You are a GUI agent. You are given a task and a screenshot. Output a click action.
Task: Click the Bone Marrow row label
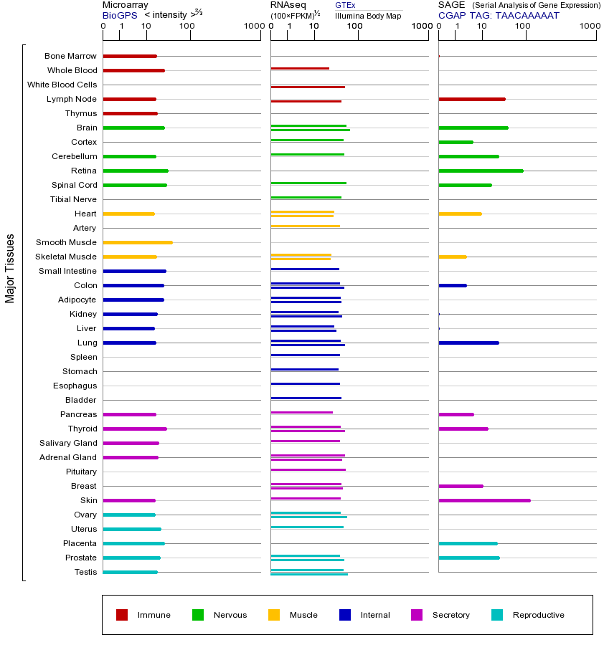(x=70, y=56)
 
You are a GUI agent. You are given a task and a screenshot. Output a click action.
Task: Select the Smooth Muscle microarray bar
(x=138, y=242)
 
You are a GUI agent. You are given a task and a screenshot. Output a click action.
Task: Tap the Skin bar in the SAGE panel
(x=484, y=500)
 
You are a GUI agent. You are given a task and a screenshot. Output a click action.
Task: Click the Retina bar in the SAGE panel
(x=481, y=171)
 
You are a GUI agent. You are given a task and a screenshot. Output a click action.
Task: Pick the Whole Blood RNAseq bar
(x=300, y=69)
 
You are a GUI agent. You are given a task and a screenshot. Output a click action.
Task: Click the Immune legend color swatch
(x=122, y=615)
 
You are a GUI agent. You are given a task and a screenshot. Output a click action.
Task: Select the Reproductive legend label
(x=538, y=615)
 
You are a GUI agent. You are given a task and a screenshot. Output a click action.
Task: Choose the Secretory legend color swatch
(x=417, y=615)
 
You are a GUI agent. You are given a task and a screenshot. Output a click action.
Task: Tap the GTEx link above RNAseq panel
(x=345, y=5)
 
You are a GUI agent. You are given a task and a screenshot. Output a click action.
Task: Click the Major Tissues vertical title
(x=10, y=268)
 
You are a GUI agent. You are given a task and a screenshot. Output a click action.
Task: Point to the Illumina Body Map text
(x=368, y=15)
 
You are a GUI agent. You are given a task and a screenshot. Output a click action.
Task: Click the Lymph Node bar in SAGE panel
(x=471, y=99)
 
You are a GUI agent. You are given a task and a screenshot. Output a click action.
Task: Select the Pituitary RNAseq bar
(x=308, y=470)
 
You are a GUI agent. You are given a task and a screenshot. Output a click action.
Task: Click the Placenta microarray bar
(x=133, y=543)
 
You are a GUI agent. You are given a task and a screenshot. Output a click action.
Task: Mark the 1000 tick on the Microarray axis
(x=253, y=27)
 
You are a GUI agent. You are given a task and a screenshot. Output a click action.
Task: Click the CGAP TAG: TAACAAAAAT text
(x=499, y=14)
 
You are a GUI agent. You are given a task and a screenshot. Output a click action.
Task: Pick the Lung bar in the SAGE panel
(x=468, y=343)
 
